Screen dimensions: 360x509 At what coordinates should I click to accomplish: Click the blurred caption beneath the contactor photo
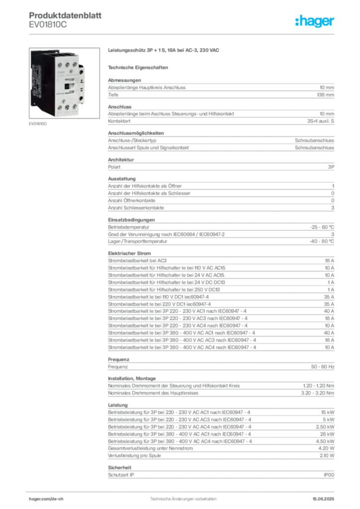pos(38,124)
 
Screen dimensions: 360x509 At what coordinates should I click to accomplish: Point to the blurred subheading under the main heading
pos(139,67)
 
